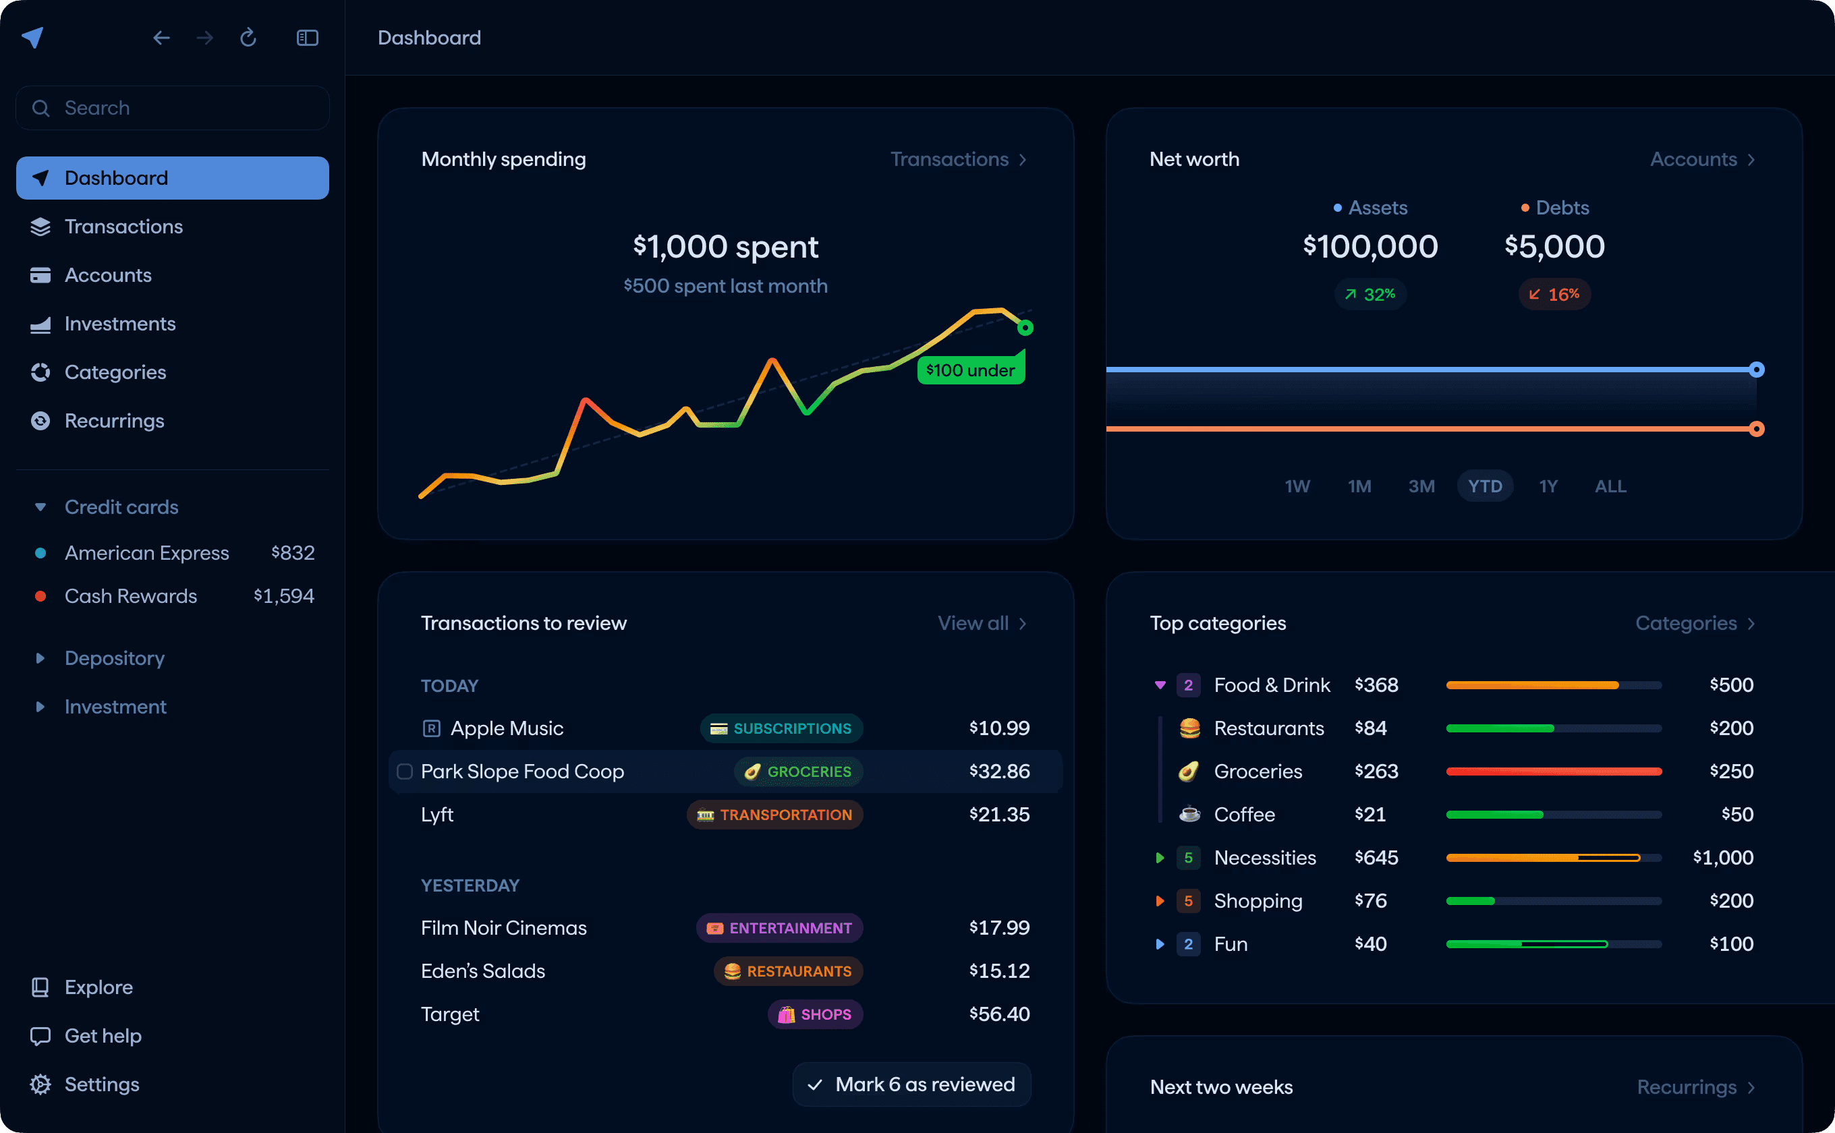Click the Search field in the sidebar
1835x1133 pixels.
[173, 108]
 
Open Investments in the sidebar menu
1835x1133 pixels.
[120, 324]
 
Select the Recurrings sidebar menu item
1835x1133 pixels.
[114, 421]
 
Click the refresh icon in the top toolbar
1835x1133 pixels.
[248, 38]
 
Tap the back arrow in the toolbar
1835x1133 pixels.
[161, 38]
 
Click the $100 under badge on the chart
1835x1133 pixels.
[970, 370]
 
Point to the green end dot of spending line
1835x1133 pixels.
[1025, 328]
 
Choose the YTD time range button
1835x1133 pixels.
[1484, 486]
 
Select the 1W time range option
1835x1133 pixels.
[1297, 486]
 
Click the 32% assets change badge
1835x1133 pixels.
[1370, 295]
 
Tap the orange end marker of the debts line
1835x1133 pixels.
[1756, 430]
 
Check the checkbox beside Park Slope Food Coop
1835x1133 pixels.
[405, 772]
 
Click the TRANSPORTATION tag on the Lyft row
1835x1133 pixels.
[775, 815]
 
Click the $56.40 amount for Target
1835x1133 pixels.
[999, 1014]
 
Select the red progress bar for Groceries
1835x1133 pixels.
[1553, 772]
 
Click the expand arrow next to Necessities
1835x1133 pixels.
[1160, 858]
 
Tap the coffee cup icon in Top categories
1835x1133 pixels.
[1189, 815]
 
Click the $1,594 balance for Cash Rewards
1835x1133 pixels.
[283, 596]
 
